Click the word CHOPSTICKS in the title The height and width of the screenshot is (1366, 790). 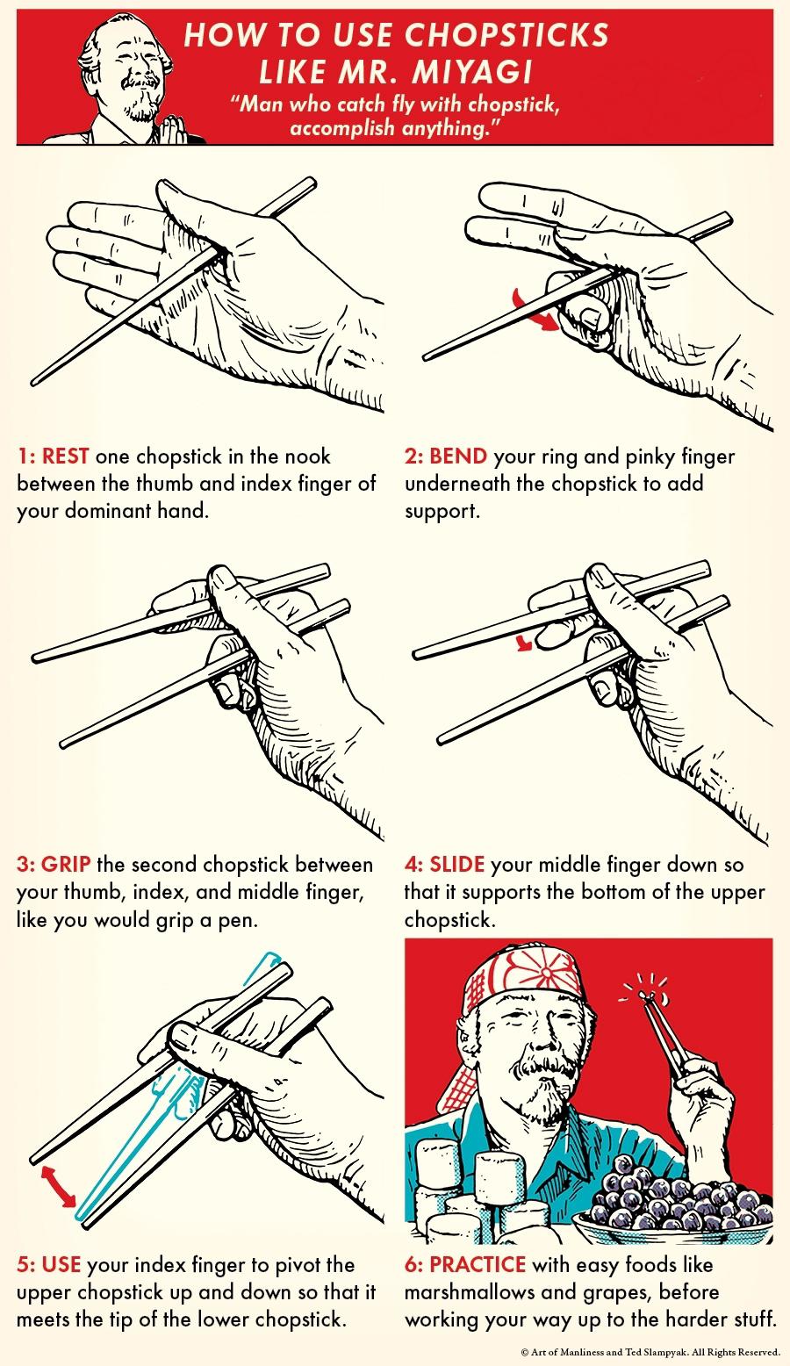coord(507,35)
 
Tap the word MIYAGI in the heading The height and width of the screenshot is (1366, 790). coord(472,72)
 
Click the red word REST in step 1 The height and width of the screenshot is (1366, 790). coord(65,457)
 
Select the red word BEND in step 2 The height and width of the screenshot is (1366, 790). coord(458,457)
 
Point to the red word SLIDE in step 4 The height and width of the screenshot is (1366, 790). coord(457,864)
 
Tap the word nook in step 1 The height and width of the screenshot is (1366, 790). coord(308,457)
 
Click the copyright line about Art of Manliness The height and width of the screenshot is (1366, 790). coord(650,1351)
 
